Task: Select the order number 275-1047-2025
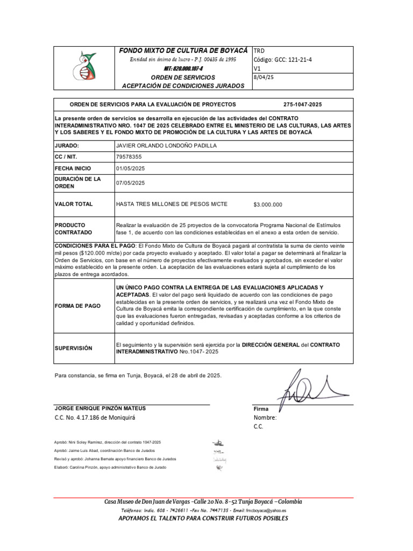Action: [x=303, y=104]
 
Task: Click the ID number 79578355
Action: [x=130, y=157]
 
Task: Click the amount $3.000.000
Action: [x=268, y=204]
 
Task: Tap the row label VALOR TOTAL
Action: [x=74, y=204]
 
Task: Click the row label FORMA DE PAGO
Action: [x=78, y=306]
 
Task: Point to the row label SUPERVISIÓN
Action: [x=74, y=348]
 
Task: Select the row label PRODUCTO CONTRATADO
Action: [x=75, y=229]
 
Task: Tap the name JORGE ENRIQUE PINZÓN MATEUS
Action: [x=100, y=408]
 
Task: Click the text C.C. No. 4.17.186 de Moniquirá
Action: [x=94, y=418]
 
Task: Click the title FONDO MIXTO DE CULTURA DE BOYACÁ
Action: [x=183, y=50]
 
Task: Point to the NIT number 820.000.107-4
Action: [x=183, y=68]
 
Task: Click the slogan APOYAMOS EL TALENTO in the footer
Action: [x=203, y=518]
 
